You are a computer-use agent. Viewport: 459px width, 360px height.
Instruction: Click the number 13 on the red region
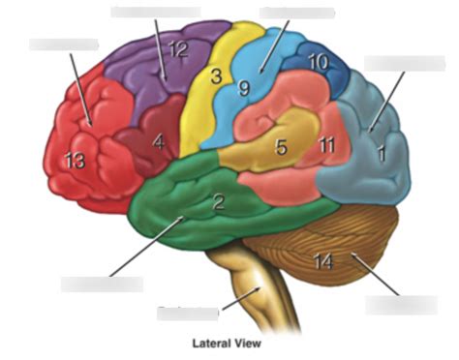tap(75, 162)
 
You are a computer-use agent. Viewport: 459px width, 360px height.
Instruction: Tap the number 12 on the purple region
tap(177, 49)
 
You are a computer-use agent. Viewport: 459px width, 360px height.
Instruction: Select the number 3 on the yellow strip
tap(217, 75)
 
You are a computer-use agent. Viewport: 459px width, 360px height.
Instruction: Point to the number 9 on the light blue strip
tap(245, 89)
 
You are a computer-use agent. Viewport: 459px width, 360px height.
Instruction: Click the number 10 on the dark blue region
tap(319, 62)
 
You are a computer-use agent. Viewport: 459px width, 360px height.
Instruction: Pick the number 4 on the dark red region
tap(158, 140)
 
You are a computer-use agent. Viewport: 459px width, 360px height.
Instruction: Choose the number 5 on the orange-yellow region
tap(281, 148)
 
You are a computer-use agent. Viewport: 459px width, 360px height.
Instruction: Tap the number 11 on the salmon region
tap(327, 145)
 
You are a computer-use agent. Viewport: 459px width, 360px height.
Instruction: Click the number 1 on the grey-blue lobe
tap(382, 153)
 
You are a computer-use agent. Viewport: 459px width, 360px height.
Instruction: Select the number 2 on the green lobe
tap(219, 202)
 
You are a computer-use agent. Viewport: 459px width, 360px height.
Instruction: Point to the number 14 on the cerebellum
tap(323, 259)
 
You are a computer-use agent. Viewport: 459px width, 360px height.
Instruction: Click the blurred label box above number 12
tap(155, 12)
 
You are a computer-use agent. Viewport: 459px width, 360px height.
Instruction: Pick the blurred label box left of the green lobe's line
tap(102, 284)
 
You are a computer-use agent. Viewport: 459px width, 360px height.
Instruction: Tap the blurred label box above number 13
tap(63, 44)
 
